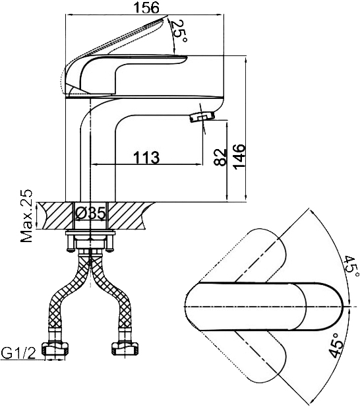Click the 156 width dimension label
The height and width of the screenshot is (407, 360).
coord(146,7)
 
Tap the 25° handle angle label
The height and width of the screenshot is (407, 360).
coord(179,32)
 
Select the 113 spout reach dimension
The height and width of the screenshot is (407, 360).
coord(146,157)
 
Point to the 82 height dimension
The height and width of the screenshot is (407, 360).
coord(220,157)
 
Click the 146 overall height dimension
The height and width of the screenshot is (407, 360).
coord(239,156)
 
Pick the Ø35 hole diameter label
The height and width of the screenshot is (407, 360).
coord(91,213)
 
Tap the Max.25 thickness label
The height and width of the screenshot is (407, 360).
coord(27,216)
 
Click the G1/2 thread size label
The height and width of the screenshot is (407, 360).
coord(18,353)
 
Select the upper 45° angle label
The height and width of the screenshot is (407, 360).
coord(351,268)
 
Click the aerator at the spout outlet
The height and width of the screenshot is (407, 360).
coord(202,117)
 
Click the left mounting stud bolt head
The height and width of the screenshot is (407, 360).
coord(70,250)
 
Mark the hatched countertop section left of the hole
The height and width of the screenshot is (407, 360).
coord(55,216)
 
